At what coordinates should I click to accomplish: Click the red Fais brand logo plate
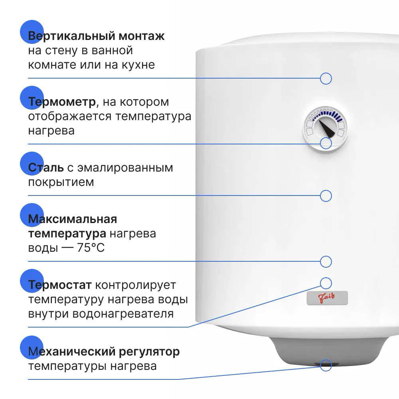pyautogui.click(x=327, y=298)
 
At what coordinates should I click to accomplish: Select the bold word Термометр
pyautogui.click(x=62, y=102)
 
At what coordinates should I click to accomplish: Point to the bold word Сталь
pyautogui.click(x=46, y=168)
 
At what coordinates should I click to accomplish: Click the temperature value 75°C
pyautogui.click(x=91, y=248)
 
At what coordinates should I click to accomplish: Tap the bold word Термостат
pyautogui.click(x=60, y=285)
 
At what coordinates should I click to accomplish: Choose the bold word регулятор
pyautogui.click(x=149, y=352)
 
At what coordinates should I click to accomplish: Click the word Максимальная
pyautogui.click(x=73, y=219)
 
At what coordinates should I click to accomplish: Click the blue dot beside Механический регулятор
pyautogui.click(x=32, y=348)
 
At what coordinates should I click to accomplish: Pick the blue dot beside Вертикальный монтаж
pyautogui.click(x=32, y=32)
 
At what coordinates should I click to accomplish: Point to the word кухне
pyautogui.click(x=138, y=65)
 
